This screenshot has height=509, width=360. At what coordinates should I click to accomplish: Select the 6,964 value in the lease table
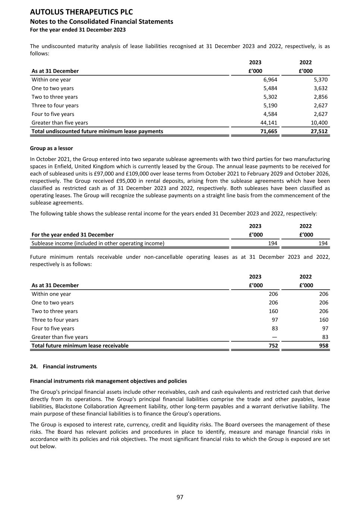pyautogui.click(x=270, y=79)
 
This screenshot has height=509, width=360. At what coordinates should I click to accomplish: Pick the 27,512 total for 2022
pyautogui.click(x=319, y=131)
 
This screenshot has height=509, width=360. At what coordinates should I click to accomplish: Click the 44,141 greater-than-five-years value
pyautogui.click(x=269, y=123)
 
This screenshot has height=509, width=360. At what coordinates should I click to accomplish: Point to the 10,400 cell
pyautogui.click(x=319, y=123)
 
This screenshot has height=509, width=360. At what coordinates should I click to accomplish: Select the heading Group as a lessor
pyautogui.click(x=51, y=148)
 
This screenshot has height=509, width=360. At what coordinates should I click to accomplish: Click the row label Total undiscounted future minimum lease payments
pyautogui.click(x=97, y=131)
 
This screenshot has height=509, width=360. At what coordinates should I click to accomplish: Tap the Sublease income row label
pyautogui.click(x=98, y=243)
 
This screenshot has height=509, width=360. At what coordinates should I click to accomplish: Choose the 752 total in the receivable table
pyautogui.click(x=273, y=346)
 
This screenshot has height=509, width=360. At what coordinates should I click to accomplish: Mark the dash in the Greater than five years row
pyautogui.click(x=275, y=337)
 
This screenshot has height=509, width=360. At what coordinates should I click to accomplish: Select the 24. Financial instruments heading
pyautogui.click(x=63, y=367)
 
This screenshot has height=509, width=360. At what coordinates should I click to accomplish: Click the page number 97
pyautogui.click(x=180, y=497)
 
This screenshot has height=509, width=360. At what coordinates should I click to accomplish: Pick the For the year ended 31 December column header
pyautogui.click(x=73, y=235)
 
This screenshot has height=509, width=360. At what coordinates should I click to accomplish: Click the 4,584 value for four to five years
pyautogui.click(x=270, y=114)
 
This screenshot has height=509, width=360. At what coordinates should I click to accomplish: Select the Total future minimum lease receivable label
pyautogui.click(x=80, y=346)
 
